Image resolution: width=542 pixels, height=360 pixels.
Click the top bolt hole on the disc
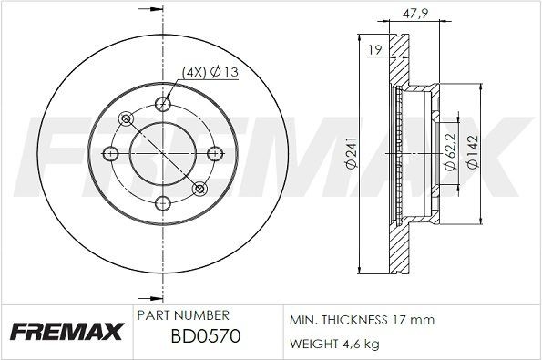(163, 103)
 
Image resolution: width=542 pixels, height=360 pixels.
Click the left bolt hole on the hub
(113, 153)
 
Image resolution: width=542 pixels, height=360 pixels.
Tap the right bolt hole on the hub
(214, 153)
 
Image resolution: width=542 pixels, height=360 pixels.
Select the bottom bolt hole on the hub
(163, 202)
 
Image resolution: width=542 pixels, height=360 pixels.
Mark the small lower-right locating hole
(200, 189)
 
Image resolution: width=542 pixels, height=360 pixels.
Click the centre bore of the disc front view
(163, 153)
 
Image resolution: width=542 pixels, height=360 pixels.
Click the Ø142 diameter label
(472, 153)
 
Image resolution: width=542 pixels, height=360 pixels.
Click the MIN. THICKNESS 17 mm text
(362, 320)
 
